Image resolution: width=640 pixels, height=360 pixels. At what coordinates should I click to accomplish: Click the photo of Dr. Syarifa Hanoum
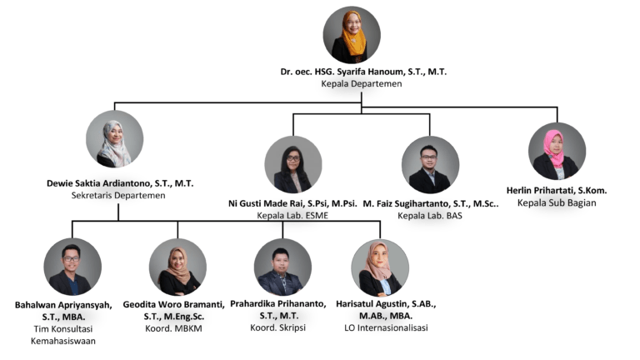point(351,35)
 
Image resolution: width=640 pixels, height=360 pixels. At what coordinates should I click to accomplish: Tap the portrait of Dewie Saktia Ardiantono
point(114,138)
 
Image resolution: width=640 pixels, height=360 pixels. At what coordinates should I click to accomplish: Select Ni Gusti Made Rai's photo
point(292,164)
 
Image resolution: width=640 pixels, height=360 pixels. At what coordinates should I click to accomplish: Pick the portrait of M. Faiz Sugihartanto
point(430,164)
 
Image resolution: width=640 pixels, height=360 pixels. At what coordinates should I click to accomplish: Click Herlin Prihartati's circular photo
point(557,151)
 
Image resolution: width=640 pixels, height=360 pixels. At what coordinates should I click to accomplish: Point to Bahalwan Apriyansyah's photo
point(72,267)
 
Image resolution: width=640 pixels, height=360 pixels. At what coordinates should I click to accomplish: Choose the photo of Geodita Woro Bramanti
point(177,267)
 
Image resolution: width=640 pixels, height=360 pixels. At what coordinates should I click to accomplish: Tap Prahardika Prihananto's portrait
point(282,267)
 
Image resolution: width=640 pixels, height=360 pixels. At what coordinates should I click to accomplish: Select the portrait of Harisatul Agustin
point(380,267)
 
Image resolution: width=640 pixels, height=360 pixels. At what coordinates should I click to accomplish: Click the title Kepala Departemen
point(362,84)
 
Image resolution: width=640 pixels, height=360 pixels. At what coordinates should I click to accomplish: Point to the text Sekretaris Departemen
point(117,195)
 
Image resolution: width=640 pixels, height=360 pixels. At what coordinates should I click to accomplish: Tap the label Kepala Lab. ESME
point(292,216)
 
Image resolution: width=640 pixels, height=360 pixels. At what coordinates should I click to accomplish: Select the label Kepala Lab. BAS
point(429,216)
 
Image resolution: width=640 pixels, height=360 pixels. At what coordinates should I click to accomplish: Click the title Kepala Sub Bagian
point(557,202)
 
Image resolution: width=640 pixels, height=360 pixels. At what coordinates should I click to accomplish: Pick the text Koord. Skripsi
point(283,328)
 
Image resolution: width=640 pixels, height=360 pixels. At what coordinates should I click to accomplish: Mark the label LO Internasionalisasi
point(380,328)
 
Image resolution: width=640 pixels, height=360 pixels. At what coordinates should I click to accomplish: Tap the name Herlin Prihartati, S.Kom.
point(557,190)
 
